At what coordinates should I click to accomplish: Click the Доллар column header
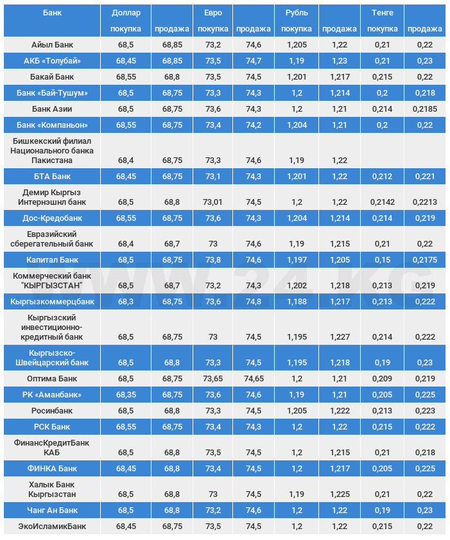[125, 13]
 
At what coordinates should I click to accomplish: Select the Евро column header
[212, 13]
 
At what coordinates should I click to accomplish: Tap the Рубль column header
[296, 13]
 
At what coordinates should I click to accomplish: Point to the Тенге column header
[382, 13]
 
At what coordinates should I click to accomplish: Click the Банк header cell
[52, 13]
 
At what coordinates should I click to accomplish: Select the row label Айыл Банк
[52, 45]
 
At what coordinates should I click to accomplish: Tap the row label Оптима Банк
[52, 379]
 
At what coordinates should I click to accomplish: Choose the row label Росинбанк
[52, 410]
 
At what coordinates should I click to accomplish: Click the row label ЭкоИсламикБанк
[52, 527]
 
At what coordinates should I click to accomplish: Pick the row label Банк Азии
[52, 109]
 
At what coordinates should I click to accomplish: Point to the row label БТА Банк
[52, 176]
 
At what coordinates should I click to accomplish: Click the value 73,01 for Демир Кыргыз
[212, 202]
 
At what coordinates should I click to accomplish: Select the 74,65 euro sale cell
[254, 379]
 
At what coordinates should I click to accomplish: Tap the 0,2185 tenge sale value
[424, 109]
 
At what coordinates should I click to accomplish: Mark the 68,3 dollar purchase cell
[125, 301]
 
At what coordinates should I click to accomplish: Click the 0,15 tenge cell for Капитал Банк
[382, 260]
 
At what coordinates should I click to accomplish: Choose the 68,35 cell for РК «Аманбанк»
[125, 394]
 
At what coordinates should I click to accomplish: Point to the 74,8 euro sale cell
[254, 301]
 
